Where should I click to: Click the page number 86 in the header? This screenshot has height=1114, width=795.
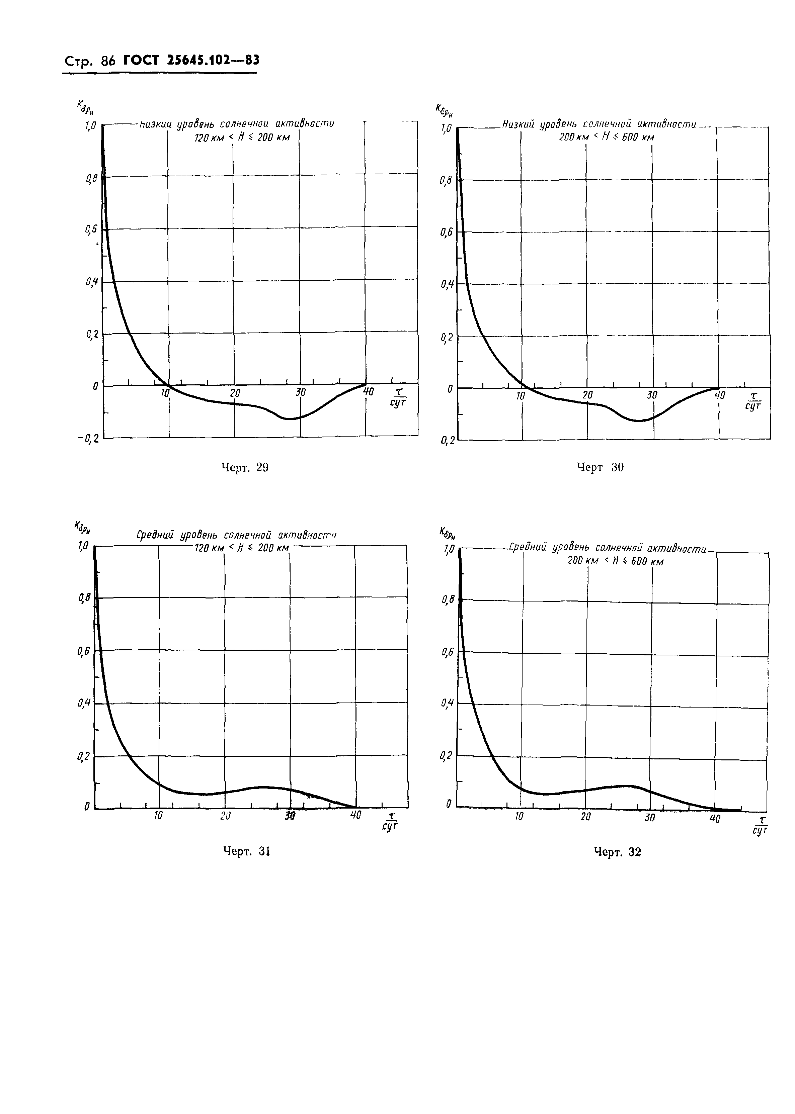point(107,61)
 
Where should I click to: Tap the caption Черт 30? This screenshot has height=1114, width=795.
point(600,468)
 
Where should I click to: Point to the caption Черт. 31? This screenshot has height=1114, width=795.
point(247,852)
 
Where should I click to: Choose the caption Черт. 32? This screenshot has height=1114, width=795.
point(617,852)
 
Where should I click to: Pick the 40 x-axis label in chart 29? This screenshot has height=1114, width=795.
point(368,392)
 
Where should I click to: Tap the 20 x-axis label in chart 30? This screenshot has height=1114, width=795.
point(587,395)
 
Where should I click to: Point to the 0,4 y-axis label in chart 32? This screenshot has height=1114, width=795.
point(447,704)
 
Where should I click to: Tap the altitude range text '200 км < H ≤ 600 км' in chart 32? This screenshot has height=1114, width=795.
point(615,561)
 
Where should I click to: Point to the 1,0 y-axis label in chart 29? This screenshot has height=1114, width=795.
point(91,126)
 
